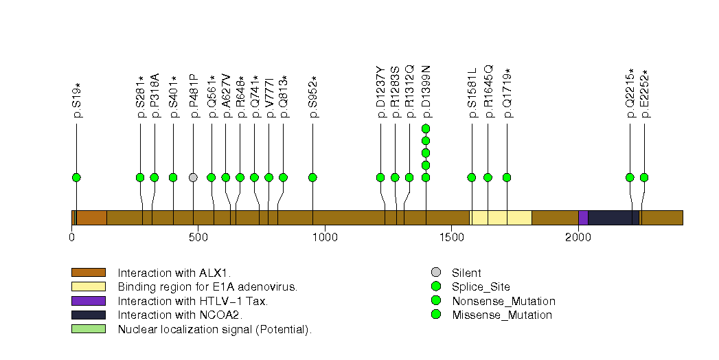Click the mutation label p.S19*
[x=77, y=100]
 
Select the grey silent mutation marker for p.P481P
[x=193, y=177]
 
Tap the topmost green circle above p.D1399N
[x=426, y=128]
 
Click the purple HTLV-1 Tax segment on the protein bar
[x=583, y=218]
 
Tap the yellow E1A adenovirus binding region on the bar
[x=501, y=218]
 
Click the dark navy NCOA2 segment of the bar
[x=613, y=218]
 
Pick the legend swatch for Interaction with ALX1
[x=89, y=273]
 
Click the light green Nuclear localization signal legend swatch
[x=89, y=329]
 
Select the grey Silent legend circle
[x=436, y=273]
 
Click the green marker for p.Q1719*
[x=507, y=177]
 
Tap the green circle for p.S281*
[x=140, y=177]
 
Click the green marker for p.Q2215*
[x=630, y=177]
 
